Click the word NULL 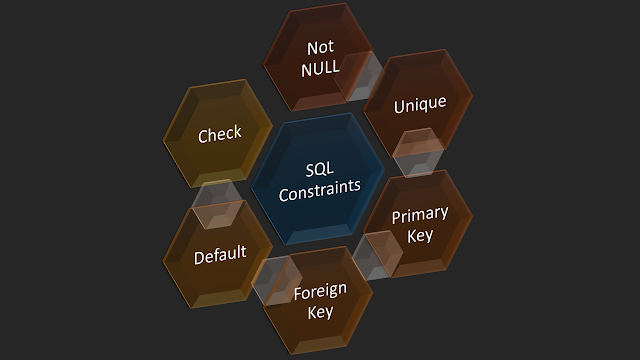click(x=320, y=68)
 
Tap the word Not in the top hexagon click(x=320, y=47)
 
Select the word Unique click(x=419, y=105)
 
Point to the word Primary click(x=420, y=215)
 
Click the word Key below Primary click(x=420, y=236)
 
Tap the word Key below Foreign click(x=320, y=312)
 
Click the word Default click(x=220, y=254)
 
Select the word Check click(x=220, y=134)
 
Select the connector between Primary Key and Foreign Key click(x=372, y=255)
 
